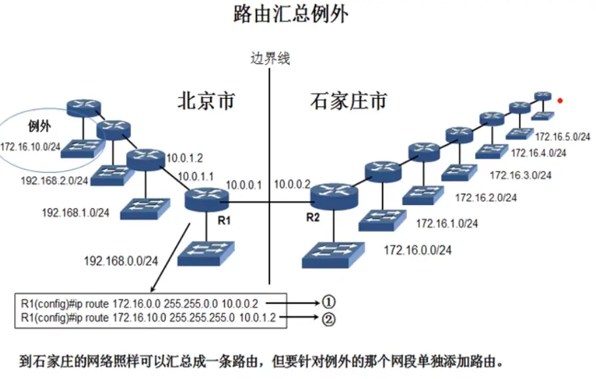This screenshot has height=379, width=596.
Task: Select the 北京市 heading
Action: [x=205, y=101]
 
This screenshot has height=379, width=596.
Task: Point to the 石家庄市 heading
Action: [x=348, y=101]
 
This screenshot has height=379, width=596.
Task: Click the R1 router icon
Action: [x=204, y=197]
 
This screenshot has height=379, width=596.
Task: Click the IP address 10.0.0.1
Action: [x=243, y=185]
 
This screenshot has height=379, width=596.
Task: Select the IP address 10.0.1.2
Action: [x=185, y=158]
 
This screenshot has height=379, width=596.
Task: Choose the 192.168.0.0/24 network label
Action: [x=121, y=261]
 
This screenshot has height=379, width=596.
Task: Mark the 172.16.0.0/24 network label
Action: [x=417, y=249]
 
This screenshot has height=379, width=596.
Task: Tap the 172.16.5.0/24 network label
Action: [x=563, y=137]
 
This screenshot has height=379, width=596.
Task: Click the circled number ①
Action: [x=328, y=302]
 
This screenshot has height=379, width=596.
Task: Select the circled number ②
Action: [x=328, y=319]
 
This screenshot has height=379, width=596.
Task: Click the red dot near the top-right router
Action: [x=559, y=101]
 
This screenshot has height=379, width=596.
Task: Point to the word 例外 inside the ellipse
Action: [x=39, y=124]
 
